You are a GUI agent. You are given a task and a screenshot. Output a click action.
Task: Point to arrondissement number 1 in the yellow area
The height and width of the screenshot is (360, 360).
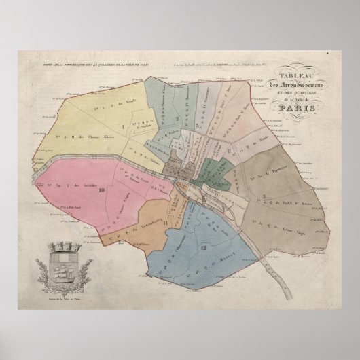point(123,126)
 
